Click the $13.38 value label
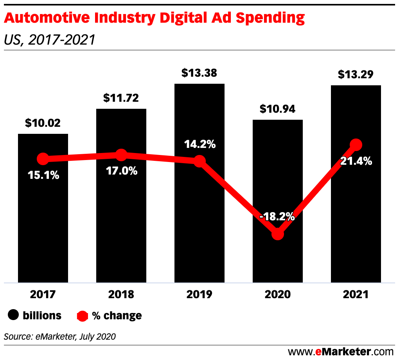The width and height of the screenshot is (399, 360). tap(199, 73)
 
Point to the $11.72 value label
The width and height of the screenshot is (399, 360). tap(121, 98)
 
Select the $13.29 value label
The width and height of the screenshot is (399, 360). tap(356, 75)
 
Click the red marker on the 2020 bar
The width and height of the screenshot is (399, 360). tap(278, 234)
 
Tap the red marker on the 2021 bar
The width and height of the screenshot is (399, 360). tap(356, 144)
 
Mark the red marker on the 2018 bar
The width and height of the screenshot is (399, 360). tap(121, 155)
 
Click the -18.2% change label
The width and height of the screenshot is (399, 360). tap(278, 216)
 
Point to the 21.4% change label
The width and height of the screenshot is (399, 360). tap(356, 161)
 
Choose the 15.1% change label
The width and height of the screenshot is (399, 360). tap(43, 175)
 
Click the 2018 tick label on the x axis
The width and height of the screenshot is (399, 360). tap(121, 294)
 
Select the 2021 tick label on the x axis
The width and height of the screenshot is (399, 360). tap(356, 294)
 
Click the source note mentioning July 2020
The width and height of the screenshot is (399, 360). tap(60, 337)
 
